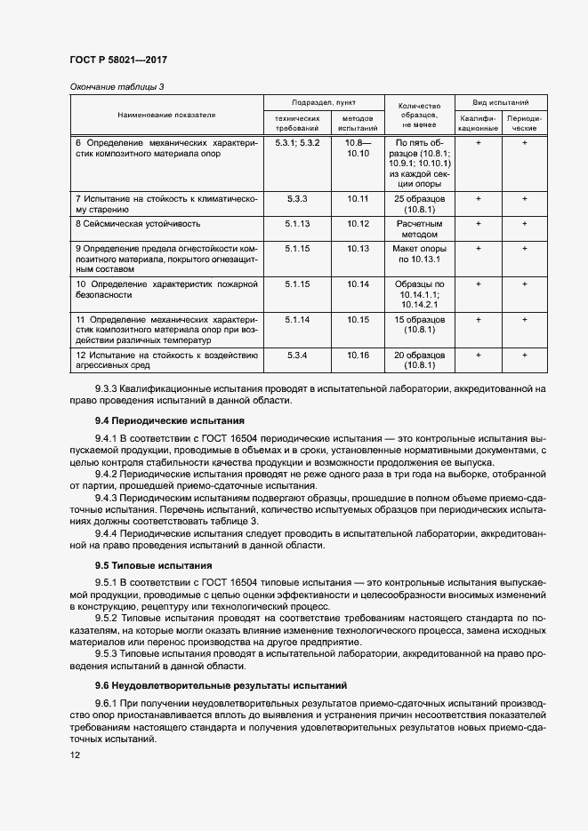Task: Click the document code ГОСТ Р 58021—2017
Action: pos(118,60)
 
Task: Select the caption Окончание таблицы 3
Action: pos(117,86)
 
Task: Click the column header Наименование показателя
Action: pos(166,116)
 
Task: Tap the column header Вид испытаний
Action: pos(501,103)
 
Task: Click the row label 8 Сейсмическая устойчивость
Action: pos(137,224)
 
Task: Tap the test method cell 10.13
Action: pos(358,249)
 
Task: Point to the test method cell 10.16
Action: pos(358,355)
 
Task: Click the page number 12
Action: pos(75,755)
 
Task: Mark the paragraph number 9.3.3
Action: pos(109,388)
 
